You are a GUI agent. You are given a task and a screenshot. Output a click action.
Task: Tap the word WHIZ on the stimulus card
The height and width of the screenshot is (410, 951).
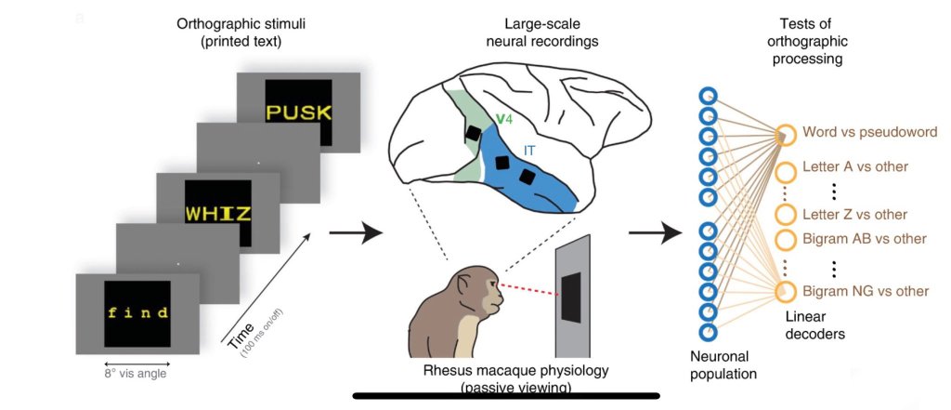click(x=217, y=214)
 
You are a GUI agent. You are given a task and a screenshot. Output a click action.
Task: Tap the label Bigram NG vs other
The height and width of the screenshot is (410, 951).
click(x=866, y=291)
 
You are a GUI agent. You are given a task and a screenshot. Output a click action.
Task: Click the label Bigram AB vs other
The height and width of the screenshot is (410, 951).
click(x=865, y=238)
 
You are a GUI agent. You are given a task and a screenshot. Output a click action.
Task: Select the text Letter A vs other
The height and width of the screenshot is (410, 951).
click(x=854, y=172)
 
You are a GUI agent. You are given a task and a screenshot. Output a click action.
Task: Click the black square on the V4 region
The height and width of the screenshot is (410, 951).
click(x=474, y=134)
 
